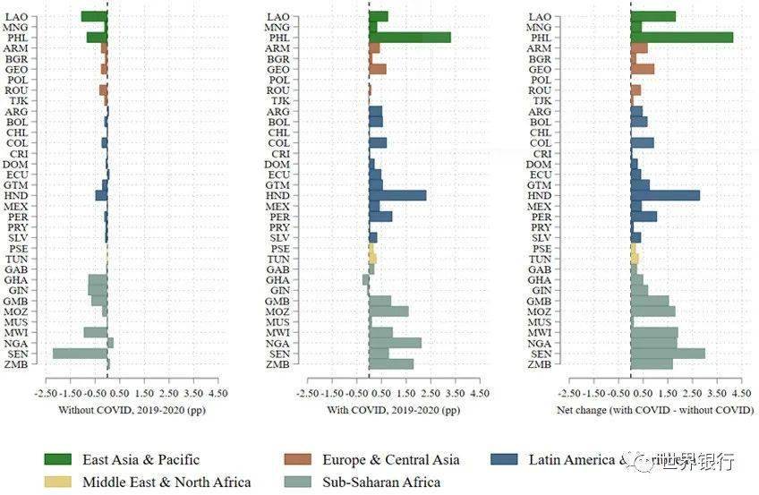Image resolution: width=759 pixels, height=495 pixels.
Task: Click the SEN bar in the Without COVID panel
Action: [x=81, y=354]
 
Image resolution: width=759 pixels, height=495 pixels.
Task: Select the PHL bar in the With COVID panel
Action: [x=409, y=38]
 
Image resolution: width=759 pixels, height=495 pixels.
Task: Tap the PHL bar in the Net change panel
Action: [x=681, y=38]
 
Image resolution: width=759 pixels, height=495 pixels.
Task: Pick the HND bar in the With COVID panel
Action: [x=397, y=195]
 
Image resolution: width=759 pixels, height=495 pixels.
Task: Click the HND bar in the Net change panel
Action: [x=665, y=195]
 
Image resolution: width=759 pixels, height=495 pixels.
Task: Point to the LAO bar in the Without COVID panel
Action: [x=94, y=16]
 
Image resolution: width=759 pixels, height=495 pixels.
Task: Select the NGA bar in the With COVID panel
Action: [x=395, y=343]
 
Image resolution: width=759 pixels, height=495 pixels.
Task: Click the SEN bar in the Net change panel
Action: [x=668, y=354]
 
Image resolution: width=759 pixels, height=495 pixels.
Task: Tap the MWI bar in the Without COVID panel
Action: [x=96, y=332]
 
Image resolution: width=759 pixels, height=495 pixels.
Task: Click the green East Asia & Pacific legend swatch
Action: [x=59, y=460]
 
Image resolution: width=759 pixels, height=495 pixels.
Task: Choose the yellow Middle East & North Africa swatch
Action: [x=59, y=482]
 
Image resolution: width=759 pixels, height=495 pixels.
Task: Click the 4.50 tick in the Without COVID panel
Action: [x=217, y=393]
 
